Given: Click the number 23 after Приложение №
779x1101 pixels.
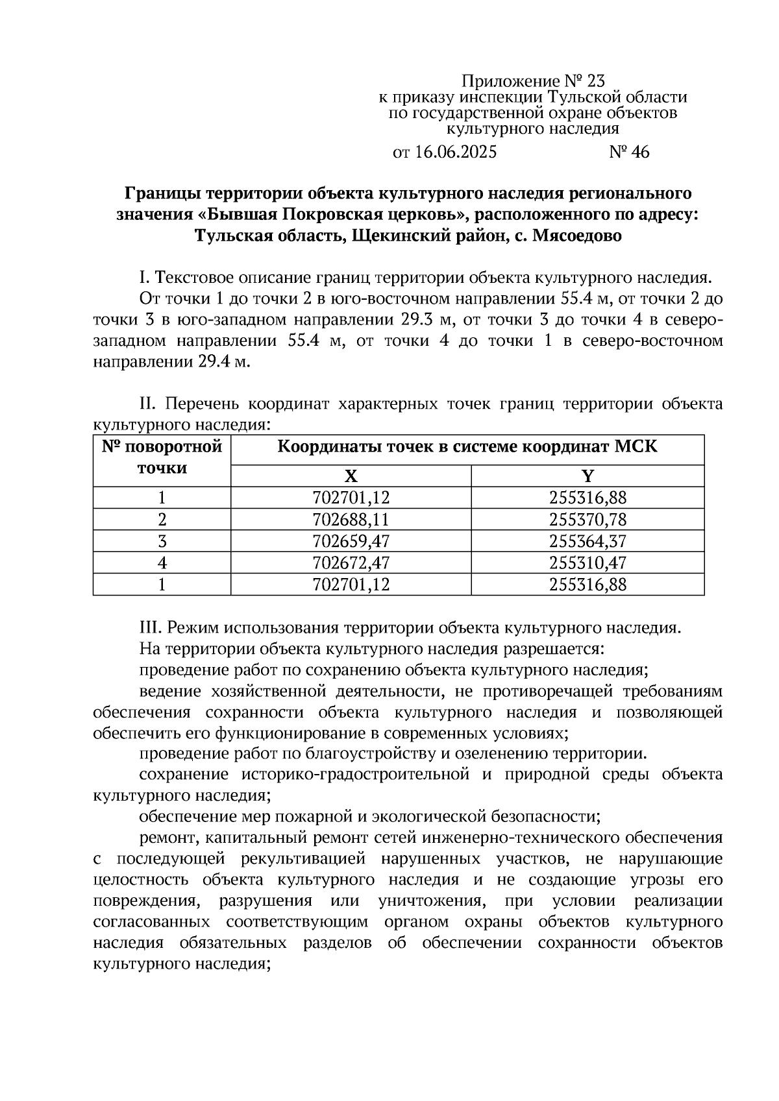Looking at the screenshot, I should pyautogui.click(x=595, y=81).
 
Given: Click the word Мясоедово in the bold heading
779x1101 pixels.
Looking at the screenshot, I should pyautogui.click(x=576, y=236).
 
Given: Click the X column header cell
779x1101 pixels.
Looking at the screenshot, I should pyautogui.click(x=351, y=476).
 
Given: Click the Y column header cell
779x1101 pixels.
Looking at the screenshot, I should pyautogui.click(x=587, y=476).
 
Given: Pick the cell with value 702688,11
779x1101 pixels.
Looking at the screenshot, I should pyautogui.click(x=351, y=520).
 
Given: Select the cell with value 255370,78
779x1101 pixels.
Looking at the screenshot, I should pyautogui.click(x=587, y=520).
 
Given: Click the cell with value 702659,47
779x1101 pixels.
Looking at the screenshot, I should pyautogui.click(x=351, y=541).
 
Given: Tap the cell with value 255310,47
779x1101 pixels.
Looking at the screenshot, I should pyautogui.click(x=587, y=563).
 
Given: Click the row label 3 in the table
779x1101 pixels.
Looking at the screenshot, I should pyautogui.click(x=162, y=541).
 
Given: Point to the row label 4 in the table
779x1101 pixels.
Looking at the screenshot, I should pyautogui.click(x=162, y=563).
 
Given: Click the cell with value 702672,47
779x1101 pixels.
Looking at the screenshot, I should pyautogui.click(x=351, y=563).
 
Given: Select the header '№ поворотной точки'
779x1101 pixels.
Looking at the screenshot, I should pyautogui.click(x=162, y=457).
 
